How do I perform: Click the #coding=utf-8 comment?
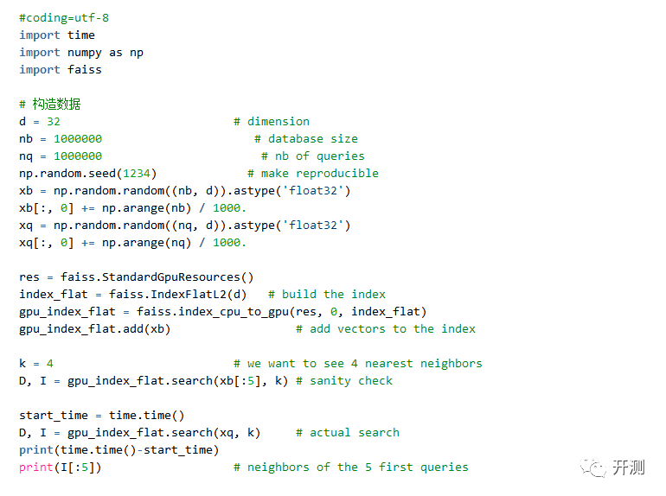point(64,18)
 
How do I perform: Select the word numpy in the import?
point(85,53)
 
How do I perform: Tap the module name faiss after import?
point(85,70)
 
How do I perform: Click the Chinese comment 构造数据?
point(56,104)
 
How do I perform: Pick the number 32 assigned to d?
point(54,122)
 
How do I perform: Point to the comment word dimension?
point(279,122)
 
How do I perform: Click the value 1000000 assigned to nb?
point(78,139)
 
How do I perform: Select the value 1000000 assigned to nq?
point(78,156)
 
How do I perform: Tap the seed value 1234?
point(137,174)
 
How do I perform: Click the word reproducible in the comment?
point(337,174)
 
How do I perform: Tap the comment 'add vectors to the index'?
point(386,329)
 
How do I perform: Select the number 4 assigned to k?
point(50,364)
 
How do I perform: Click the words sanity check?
point(351,381)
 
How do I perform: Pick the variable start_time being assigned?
point(54,416)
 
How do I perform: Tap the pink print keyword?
point(36,467)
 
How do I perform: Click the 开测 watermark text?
point(629,467)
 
